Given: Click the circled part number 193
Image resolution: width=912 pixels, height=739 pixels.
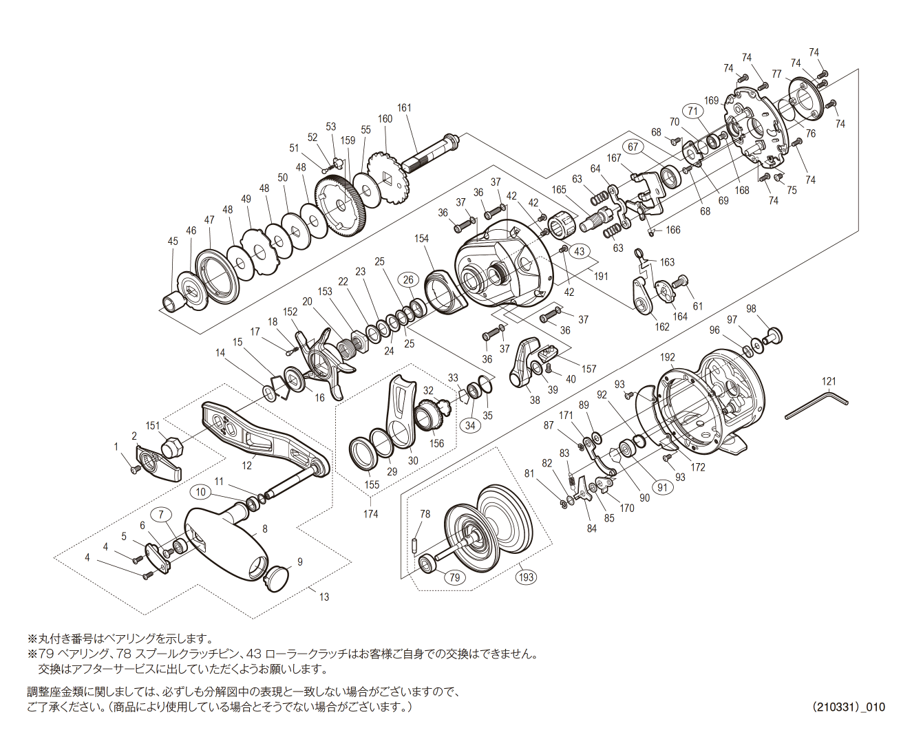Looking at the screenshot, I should point(526,577).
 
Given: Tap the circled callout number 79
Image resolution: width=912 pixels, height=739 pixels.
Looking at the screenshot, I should point(454,577).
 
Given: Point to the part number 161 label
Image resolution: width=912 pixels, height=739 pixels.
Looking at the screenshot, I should point(404,108).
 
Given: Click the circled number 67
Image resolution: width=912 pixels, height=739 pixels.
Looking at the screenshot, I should point(633,147).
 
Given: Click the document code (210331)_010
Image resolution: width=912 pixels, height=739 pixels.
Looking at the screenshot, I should point(848,707).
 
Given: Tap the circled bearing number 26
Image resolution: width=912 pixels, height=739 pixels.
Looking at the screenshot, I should point(409,279).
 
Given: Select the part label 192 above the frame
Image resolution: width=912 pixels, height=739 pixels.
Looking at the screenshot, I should point(667,357).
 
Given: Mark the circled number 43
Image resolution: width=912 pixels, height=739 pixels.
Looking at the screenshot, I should point(579,251).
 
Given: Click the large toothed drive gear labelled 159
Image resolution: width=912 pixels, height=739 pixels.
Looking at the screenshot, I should point(342,204).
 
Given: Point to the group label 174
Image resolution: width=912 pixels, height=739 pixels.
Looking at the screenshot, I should point(370,513).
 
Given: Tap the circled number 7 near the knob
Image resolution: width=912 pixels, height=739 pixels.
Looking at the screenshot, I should point(161,514).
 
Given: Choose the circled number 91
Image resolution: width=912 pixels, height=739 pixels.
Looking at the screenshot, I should point(662,487).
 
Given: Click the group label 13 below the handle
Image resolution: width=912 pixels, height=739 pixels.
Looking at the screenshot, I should point(324,597).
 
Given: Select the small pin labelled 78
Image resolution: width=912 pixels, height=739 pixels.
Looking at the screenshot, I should point(416,544).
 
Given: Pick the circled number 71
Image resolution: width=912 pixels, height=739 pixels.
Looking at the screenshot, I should point(692,111).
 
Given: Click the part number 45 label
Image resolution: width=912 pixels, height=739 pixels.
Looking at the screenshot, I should point(173,242).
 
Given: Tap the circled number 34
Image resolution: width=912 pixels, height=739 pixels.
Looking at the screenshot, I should point(470,425).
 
